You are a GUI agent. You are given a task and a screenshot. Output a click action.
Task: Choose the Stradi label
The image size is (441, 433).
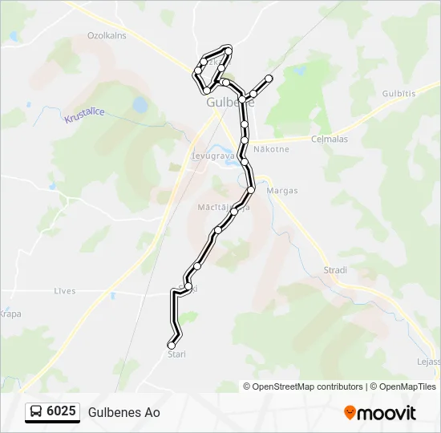coord(334,270)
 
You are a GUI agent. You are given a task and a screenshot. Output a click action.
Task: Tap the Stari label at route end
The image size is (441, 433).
coord(176,354)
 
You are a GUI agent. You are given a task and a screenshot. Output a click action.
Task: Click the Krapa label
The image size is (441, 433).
coord(10,314)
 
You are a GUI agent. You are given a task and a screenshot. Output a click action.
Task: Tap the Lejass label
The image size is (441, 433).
coord(428,362)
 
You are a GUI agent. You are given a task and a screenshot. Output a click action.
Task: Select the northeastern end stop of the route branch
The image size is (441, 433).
coord(269,79)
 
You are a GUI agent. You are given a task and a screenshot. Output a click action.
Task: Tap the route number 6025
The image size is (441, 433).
coord(62,412)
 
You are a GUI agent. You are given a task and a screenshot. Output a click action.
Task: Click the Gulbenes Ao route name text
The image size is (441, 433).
coord(124,412)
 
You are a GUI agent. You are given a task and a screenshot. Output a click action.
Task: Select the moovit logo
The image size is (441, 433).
coord(380,413)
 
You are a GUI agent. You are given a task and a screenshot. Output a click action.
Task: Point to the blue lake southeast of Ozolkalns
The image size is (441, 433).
coord(140,104)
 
